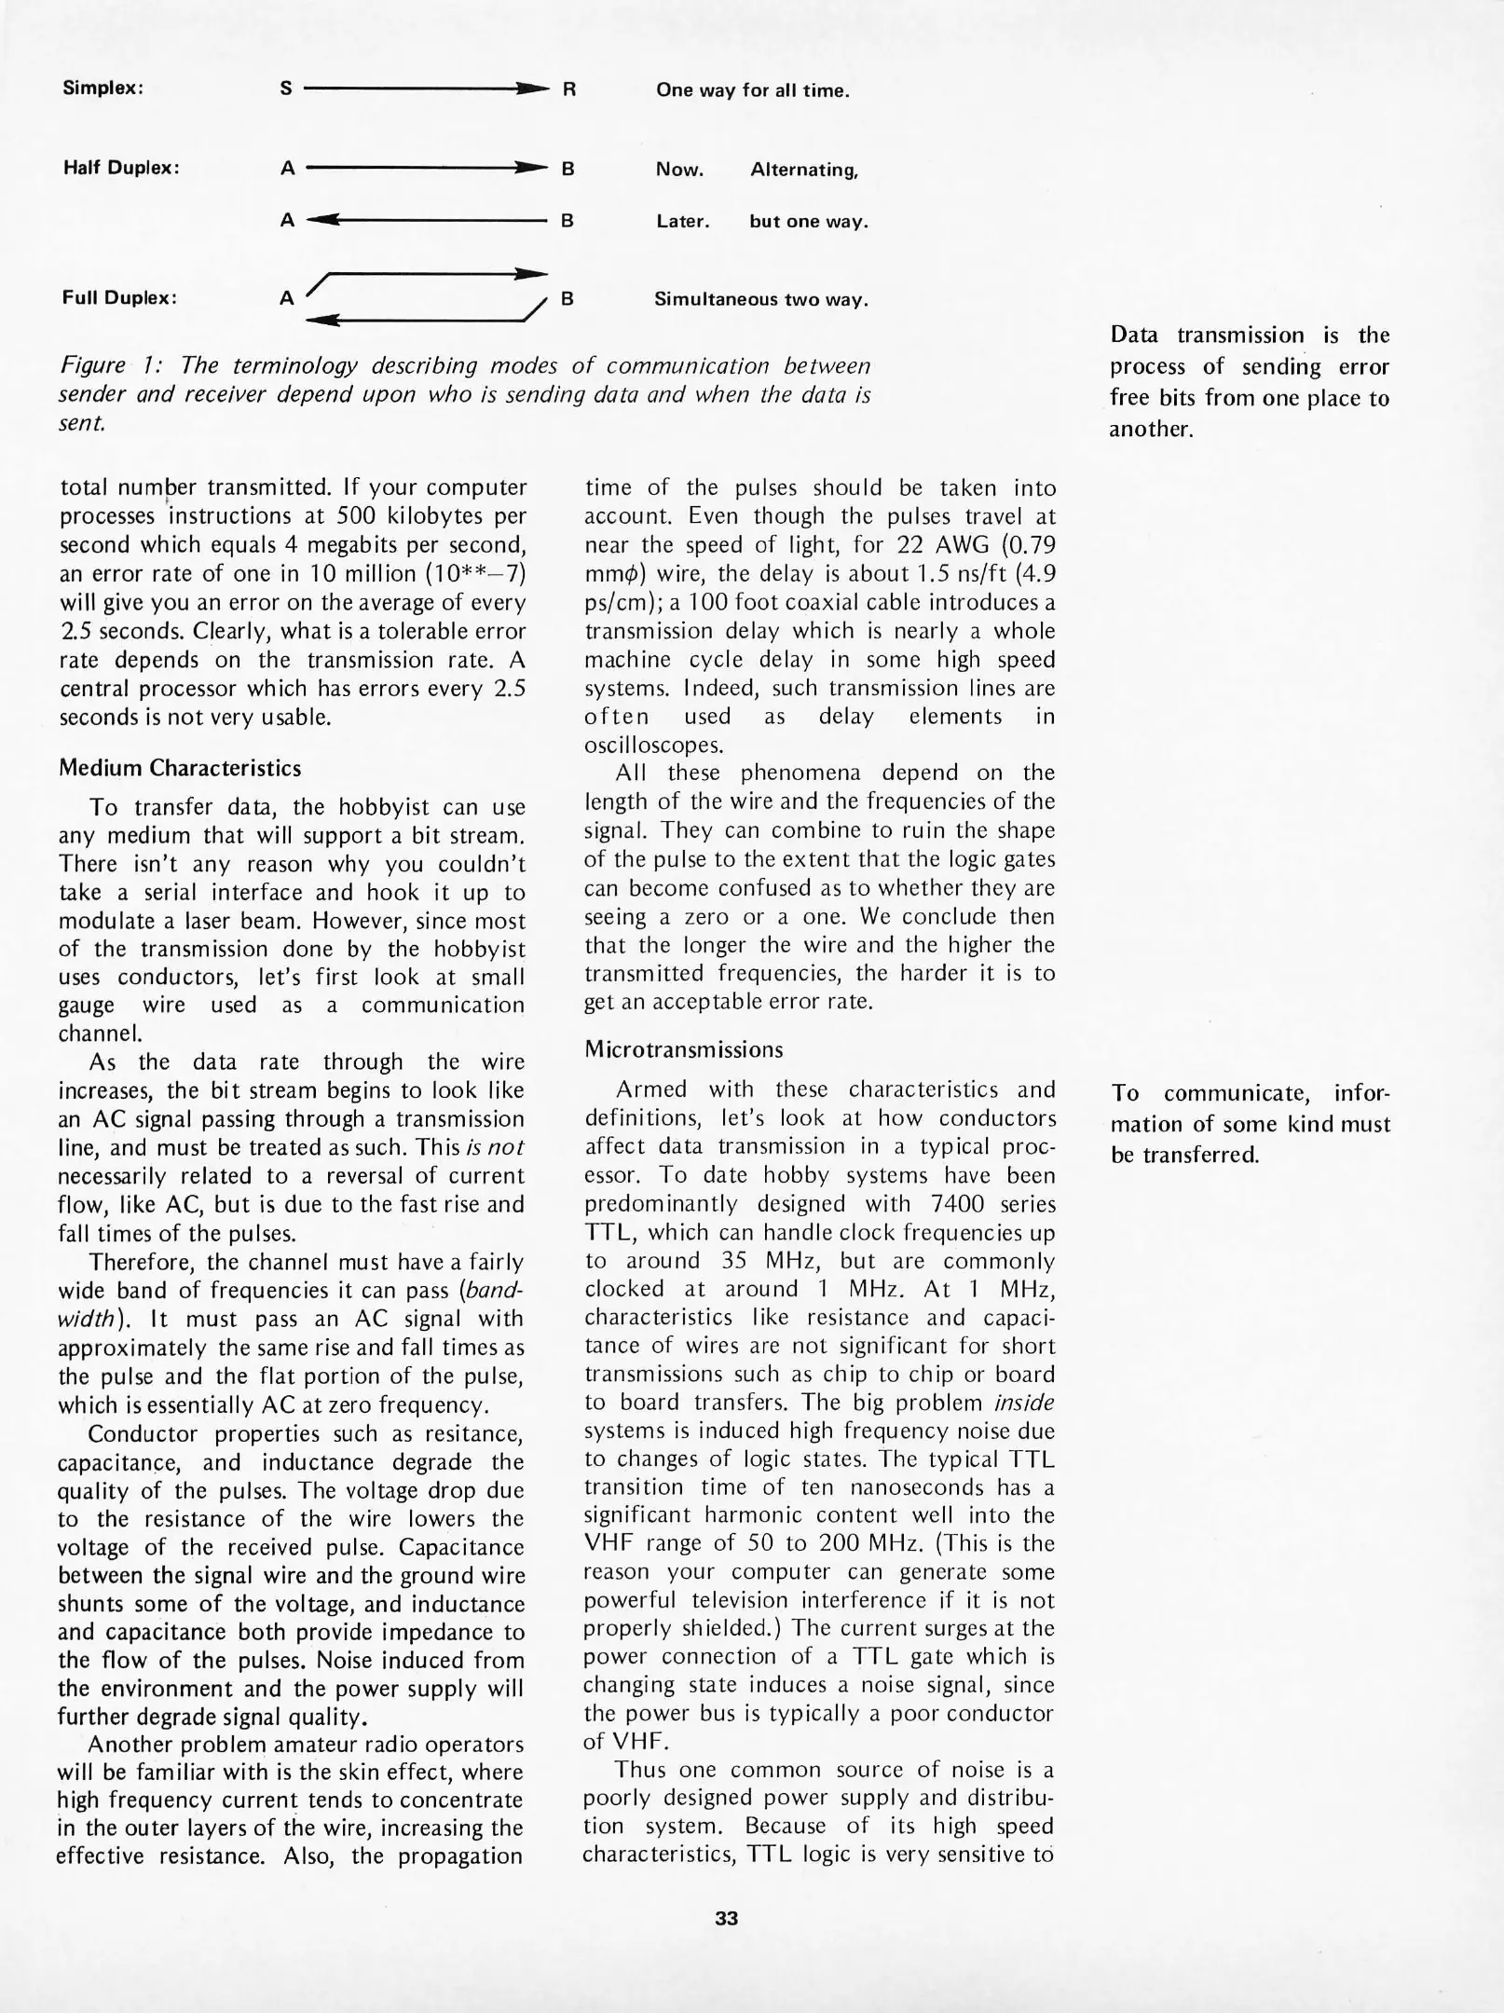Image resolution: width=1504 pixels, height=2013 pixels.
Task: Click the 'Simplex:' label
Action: pyautogui.click(x=103, y=89)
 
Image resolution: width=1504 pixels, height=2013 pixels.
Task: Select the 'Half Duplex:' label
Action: pyautogui.click(x=120, y=168)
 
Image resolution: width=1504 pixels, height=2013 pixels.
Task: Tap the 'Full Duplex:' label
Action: pyautogui.click(x=119, y=298)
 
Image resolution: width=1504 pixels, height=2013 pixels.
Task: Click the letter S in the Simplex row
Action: pyautogui.click(x=286, y=89)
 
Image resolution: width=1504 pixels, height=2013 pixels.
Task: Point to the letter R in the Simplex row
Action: pyautogui.click(x=569, y=89)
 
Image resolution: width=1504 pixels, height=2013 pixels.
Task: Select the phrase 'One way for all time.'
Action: pyautogui.click(x=752, y=90)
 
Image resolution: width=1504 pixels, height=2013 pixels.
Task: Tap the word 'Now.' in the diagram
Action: pyautogui.click(x=679, y=170)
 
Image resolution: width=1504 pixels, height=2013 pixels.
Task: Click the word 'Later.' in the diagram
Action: pyautogui.click(x=682, y=222)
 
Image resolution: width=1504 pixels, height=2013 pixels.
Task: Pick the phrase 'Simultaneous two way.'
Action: pyautogui.click(x=760, y=299)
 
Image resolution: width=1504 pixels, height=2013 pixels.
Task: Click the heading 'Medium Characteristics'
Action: pyautogui.click(x=180, y=768)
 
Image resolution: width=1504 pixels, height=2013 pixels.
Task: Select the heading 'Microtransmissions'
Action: pyautogui.click(x=684, y=1049)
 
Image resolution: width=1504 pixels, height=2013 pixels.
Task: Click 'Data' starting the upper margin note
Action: pyautogui.click(x=1133, y=335)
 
